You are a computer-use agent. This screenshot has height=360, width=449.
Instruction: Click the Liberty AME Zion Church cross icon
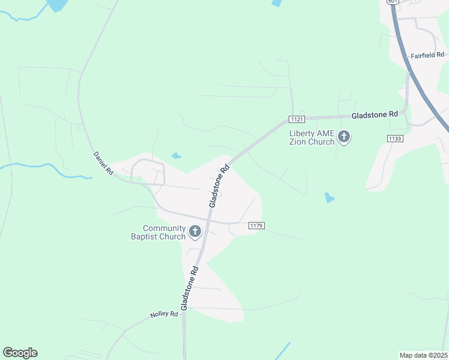344,137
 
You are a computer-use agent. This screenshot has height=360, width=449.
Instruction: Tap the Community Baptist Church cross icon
194,232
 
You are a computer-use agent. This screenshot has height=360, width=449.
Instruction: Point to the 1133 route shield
394,138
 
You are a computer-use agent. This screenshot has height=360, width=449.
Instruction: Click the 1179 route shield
256,226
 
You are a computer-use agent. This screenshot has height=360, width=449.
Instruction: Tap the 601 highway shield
393,2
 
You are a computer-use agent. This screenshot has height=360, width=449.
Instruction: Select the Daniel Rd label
103,163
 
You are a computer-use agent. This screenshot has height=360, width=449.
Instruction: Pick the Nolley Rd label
164,314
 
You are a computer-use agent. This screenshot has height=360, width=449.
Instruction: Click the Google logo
20,353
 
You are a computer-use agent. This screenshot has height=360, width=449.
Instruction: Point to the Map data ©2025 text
423,355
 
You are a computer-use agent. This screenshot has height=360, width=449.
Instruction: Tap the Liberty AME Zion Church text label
312,137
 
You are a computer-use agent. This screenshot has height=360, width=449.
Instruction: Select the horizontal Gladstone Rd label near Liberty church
375,114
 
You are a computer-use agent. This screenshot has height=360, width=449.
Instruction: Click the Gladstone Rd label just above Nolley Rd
190,287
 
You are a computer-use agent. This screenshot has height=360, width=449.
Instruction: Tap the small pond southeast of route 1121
328,197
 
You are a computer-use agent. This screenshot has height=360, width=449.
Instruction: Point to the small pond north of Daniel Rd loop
176,156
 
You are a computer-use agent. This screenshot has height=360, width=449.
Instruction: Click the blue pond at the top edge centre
276,3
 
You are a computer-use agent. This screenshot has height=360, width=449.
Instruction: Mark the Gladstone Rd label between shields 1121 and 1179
220,186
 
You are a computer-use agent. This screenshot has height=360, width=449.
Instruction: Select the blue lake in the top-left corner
57,5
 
